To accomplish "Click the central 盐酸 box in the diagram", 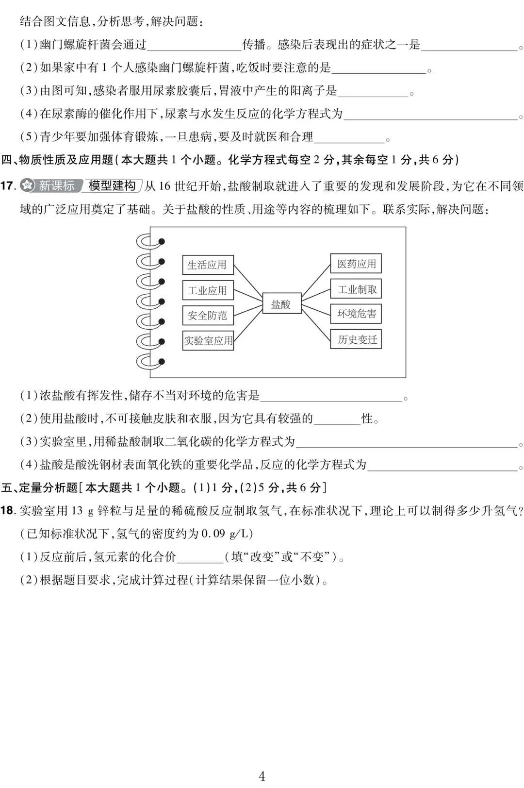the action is [x=281, y=304].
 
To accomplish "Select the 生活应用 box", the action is [x=208, y=265].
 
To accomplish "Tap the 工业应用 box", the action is [x=208, y=290].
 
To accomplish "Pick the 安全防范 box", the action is [x=208, y=315].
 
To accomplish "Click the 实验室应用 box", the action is [x=208, y=340].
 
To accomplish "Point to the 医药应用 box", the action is [x=356, y=264].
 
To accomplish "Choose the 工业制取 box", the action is [x=356, y=289].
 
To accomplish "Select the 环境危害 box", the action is [x=356, y=314].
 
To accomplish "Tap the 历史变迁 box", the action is [x=356, y=339].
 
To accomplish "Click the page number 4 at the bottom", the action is [x=262, y=775].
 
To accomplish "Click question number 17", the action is [x=8, y=186].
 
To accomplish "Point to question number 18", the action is [x=8, y=510].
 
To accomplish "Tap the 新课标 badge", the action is [x=51, y=186].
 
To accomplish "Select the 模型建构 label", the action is [x=112, y=186].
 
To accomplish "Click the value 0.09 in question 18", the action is [x=213, y=534].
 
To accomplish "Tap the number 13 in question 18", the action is [x=77, y=510].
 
